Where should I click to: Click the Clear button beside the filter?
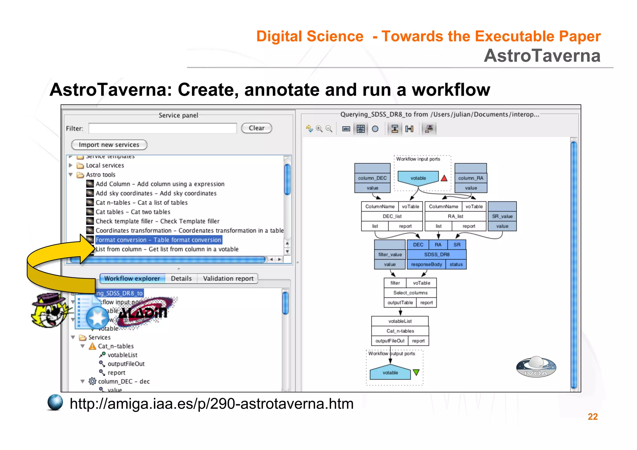click(x=256, y=128)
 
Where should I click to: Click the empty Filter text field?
click(x=162, y=128)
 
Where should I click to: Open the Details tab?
click(x=181, y=278)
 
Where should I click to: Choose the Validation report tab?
click(x=228, y=278)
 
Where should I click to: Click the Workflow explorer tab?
click(x=132, y=278)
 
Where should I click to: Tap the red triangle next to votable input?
click(x=444, y=178)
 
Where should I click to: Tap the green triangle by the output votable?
click(x=416, y=372)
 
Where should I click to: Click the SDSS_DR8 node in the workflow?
click(x=437, y=254)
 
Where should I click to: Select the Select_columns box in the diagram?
click(x=410, y=293)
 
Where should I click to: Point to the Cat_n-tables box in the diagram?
click(x=400, y=331)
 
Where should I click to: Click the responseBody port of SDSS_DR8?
click(x=426, y=264)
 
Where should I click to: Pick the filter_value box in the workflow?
click(x=390, y=254)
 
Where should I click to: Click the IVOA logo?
click(x=536, y=367)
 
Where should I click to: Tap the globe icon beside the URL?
click(x=55, y=402)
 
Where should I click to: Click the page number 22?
click(x=593, y=417)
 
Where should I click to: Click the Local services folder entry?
click(x=105, y=165)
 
